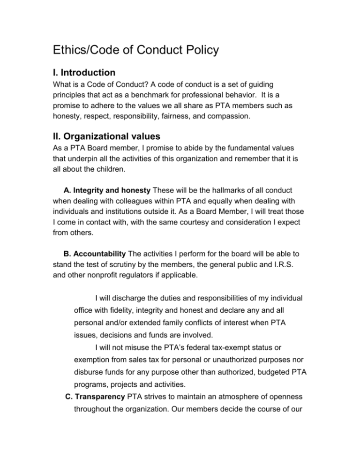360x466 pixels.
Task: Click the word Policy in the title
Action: pyautogui.click(x=195, y=50)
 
